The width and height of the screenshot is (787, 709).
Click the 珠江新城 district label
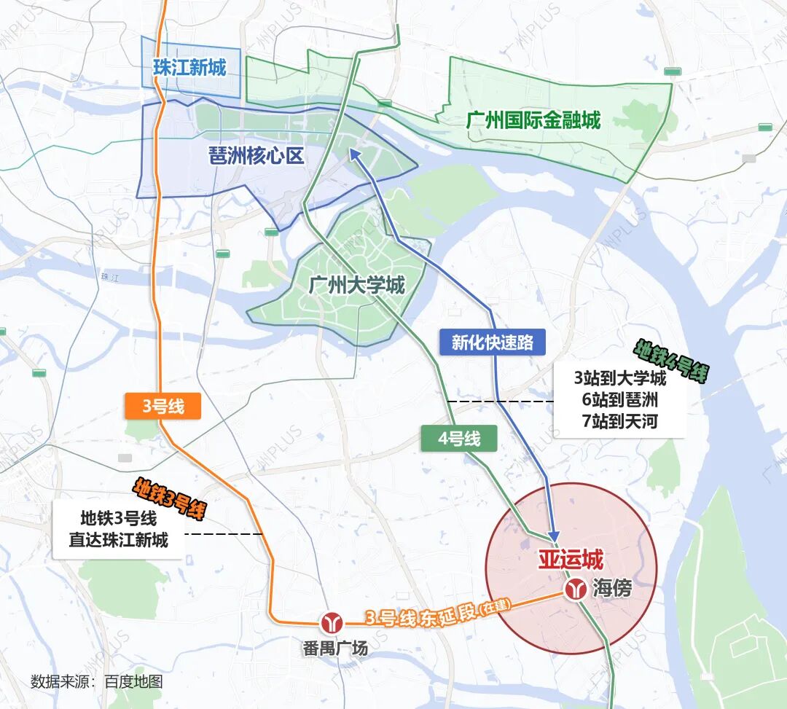click(189, 68)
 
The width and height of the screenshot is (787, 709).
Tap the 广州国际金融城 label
click(533, 120)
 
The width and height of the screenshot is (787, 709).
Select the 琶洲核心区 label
click(256, 155)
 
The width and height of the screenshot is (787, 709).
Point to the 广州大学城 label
click(356, 284)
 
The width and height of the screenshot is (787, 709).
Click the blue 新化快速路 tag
click(493, 342)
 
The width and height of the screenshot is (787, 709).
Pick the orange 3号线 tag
click(163, 407)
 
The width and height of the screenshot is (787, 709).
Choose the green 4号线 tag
click(459, 439)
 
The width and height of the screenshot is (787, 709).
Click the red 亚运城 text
click(571, 560)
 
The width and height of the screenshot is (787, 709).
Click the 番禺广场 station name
click(335, 648)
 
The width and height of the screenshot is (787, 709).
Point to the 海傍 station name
click(611, 589)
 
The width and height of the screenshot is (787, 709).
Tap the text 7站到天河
click(619, 420)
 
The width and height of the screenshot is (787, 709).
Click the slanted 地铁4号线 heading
click(672, 362)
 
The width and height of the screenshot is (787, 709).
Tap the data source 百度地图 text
click(133, 682)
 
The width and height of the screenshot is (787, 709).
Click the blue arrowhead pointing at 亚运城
click(554, 536)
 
